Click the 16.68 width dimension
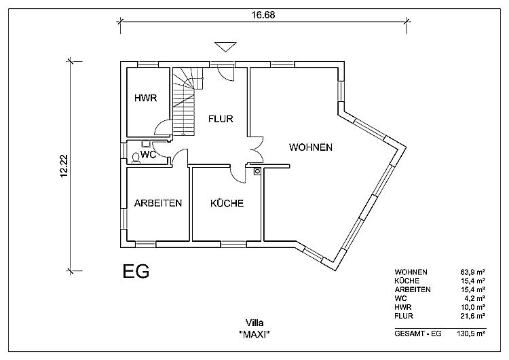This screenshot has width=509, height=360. tap(263, 15)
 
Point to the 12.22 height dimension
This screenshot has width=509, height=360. tap(64, 166)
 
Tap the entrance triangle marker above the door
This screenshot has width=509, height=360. tap(225, 47)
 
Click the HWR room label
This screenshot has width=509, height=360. tap(146, 98)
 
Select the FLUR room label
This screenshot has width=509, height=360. tap(221, 119)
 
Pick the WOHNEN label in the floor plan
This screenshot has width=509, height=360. tap(311, 147)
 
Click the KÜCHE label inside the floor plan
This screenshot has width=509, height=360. tap(227, 203)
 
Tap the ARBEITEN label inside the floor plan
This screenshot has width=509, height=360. tap(158, 203)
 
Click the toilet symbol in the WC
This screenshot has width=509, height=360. tap(136, 158)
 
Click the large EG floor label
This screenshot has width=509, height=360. tap(136, 271)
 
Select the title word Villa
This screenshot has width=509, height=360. tap(254, 323)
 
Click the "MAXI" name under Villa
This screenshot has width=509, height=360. tap(254, 334)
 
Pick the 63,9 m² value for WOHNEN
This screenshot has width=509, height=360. tap(473, 272)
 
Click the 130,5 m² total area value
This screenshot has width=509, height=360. tap(472, 334)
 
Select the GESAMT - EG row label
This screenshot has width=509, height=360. tap(418, 334)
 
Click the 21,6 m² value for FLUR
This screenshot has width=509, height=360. tap(473, 316)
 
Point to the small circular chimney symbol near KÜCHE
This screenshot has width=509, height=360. tap(257, 171)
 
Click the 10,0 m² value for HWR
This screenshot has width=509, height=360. tap(473, 307)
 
